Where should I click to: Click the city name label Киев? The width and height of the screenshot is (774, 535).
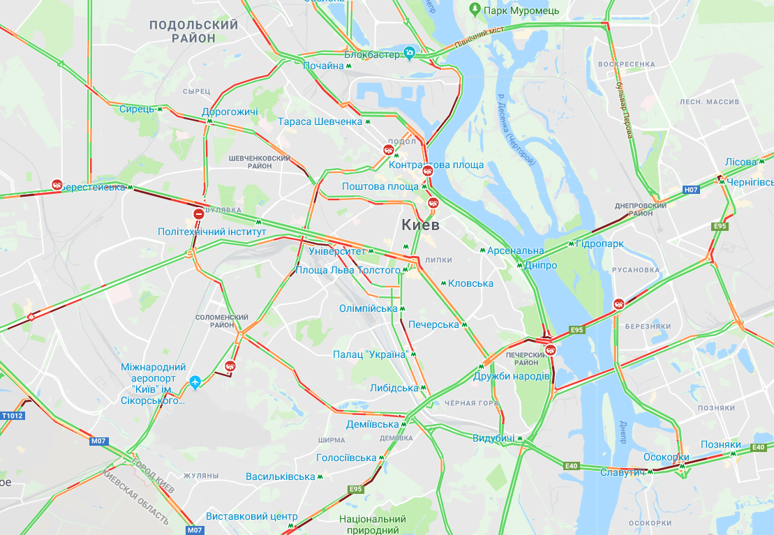pyautogui.click(x=420, y=225)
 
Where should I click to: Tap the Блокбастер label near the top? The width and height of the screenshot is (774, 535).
pyautogui.click(x=372, y=54)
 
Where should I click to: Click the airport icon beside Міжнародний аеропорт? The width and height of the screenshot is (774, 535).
pyautogui.click(x=195, y=382)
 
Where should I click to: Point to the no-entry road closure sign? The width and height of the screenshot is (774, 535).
pyautogui.click(x=199, y=213)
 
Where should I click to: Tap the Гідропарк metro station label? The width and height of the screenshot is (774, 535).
pyautogui.click(x=600, y=243)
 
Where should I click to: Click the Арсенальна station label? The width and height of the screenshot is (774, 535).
pyautogui.click(x=515, y=250)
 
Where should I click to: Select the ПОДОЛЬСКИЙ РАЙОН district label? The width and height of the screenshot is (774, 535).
pyautogui.click(x=193, y=31)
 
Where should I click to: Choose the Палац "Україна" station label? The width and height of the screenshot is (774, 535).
pyautogui.click(x=370, y=354)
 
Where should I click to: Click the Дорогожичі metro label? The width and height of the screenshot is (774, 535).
pyautogui.click(x=230, y=112)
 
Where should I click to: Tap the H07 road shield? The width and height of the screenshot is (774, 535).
pyautogui.click(x=691, y=189)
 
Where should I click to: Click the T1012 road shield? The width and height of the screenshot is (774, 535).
pyautogui.click(x=13, y=416)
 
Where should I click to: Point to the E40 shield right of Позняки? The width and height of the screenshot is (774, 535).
pyautogui.click(x=759, y=447)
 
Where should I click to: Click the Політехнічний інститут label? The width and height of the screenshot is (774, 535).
pyautogui.click(x=212, y=231)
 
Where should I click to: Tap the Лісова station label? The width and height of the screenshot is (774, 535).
pyautogui.click(x=740, y=162)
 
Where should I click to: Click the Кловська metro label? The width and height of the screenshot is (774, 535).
pyautogui.click(x=470, y=283)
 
